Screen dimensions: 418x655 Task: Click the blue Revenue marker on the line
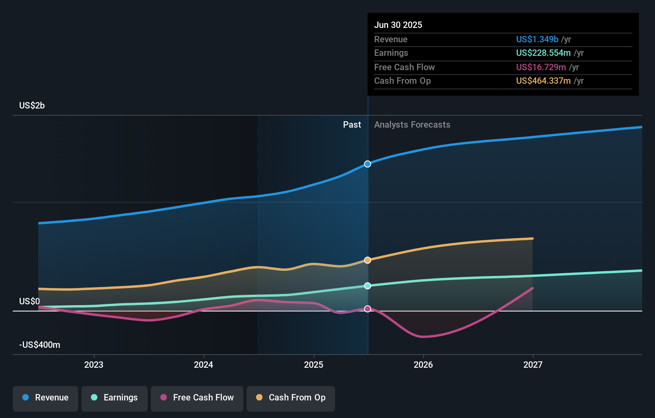[x=367, y=164]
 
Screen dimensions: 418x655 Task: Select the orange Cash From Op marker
[x=367, y=260]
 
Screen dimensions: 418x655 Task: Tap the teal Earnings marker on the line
[x=367, y=286]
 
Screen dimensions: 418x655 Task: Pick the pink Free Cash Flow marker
[x=367, y=309]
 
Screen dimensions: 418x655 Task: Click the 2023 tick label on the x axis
[x=94, y=365]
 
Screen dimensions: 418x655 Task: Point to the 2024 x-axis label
[x=203, y=365]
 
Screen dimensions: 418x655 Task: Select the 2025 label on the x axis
[x=314, y=365]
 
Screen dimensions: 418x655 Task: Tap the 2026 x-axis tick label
[x=423, y=365]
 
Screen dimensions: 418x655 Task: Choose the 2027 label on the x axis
[x=533, y=365]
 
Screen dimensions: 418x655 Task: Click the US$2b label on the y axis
[x=32, y=105]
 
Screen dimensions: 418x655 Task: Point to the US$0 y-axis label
[x=30, y=301]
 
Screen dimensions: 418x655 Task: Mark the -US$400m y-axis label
[x=40, y=345]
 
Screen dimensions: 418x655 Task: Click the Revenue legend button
[x=45, y=398]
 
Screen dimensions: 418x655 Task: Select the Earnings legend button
[x=114, y=398]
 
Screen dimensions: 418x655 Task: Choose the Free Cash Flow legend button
[x=197, y=398]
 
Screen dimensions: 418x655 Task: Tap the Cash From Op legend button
[x=291, y=398]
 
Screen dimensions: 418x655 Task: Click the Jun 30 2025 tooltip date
[x=398, y=25]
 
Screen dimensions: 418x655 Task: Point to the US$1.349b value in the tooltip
[x=537, y=39]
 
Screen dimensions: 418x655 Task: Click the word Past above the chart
[x=352, y=124]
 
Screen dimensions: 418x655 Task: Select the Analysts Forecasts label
[x=412, y=124]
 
